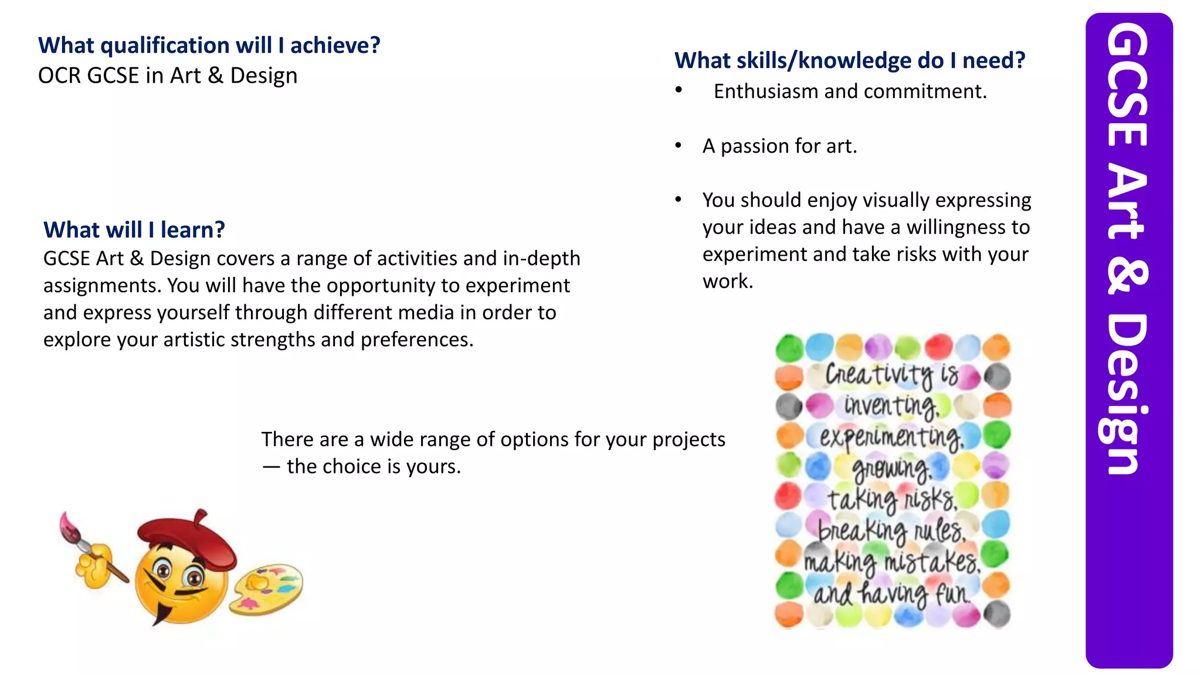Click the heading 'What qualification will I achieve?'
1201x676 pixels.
tap(209, 45)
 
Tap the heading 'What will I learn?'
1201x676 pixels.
tap(134, 229)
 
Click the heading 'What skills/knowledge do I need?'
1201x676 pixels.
tap(850, 60)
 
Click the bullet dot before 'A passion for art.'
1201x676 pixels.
tap(678, 146)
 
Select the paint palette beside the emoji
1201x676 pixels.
tap(266, 589)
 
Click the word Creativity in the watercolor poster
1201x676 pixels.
tap(879, 374)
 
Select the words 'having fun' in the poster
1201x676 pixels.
tap(915, 594)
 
